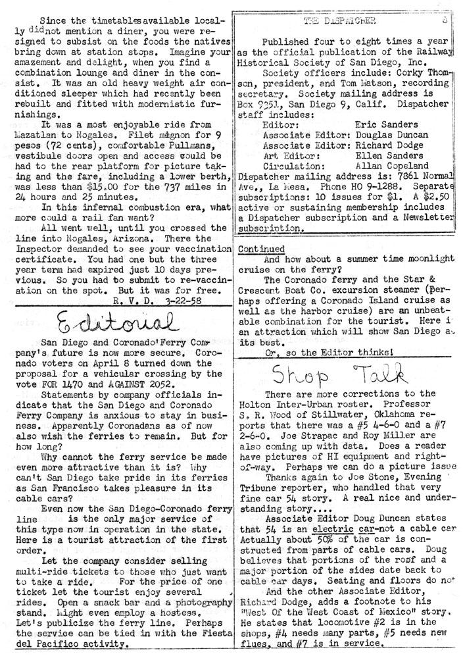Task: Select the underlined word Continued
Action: pyautogui.click(x=261, y=249)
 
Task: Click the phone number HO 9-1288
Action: pyautogui.click(x=355, y=186)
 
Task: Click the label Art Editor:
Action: pyautogui.click(x=291, y=155)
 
